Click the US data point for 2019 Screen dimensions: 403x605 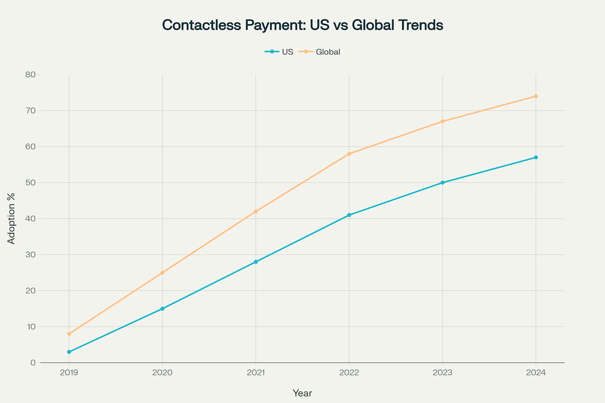(x=69, y=352)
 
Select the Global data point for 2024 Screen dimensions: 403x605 (x=536, y=96)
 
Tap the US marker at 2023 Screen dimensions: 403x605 (x=442, y=183)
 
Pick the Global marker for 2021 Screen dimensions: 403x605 (x=256, y=211)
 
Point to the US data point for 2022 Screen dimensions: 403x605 (x=349, y=215)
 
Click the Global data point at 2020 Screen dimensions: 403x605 (x=162, y=272)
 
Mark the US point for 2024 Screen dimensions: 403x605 (x=536, y=157)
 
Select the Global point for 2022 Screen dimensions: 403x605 (x=349, y=153)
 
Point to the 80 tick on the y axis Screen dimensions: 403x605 (x=30, y=74)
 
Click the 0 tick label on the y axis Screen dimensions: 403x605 (x=33, y=362)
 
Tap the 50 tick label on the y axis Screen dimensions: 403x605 (x=30, y=183)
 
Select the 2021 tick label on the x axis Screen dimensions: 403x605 (x=256, y=372)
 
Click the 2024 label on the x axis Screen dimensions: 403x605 (x=536, y=372)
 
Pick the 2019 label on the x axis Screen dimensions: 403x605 (x=69, y=372)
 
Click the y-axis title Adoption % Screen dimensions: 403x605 (x=11, y=218)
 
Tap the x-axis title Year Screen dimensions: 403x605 (x=302, y=393)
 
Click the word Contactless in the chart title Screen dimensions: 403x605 (x=201, y=25)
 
